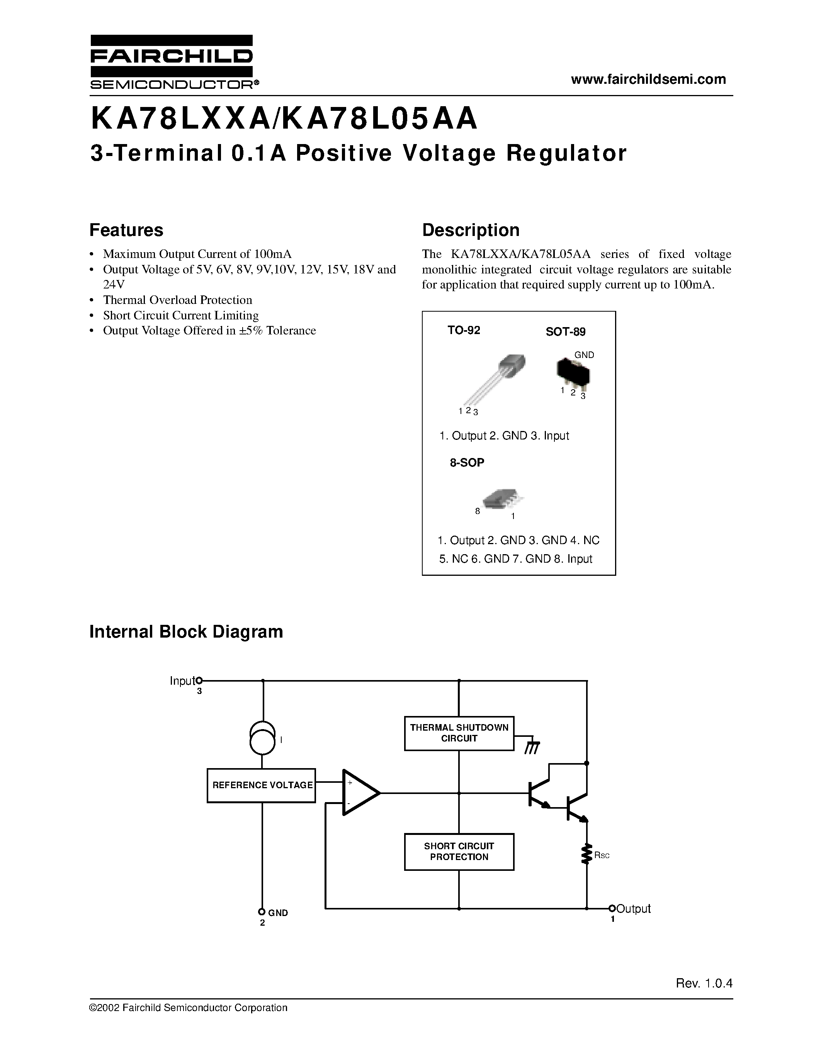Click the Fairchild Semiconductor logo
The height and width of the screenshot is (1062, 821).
(x=171, y=62)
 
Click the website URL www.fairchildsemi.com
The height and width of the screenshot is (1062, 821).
(x=648, y=79)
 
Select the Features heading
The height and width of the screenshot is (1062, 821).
(x=126, y=230)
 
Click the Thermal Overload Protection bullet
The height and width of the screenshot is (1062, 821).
(x=177, y=300)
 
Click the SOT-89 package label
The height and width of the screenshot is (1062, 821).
(x=565, y=332)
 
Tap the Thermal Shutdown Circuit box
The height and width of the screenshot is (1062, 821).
(x=459, y=733)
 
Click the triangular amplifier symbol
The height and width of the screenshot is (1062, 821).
(x=359, y=792)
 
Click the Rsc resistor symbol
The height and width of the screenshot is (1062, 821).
(x=586, y=854)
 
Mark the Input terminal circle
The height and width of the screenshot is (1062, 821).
(x=199, y=681)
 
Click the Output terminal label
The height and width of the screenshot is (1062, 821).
(x=633, y=908)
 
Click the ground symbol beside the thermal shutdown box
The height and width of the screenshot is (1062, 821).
(x=532, y=747)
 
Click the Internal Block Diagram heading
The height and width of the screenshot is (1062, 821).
(x=186, y=632)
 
